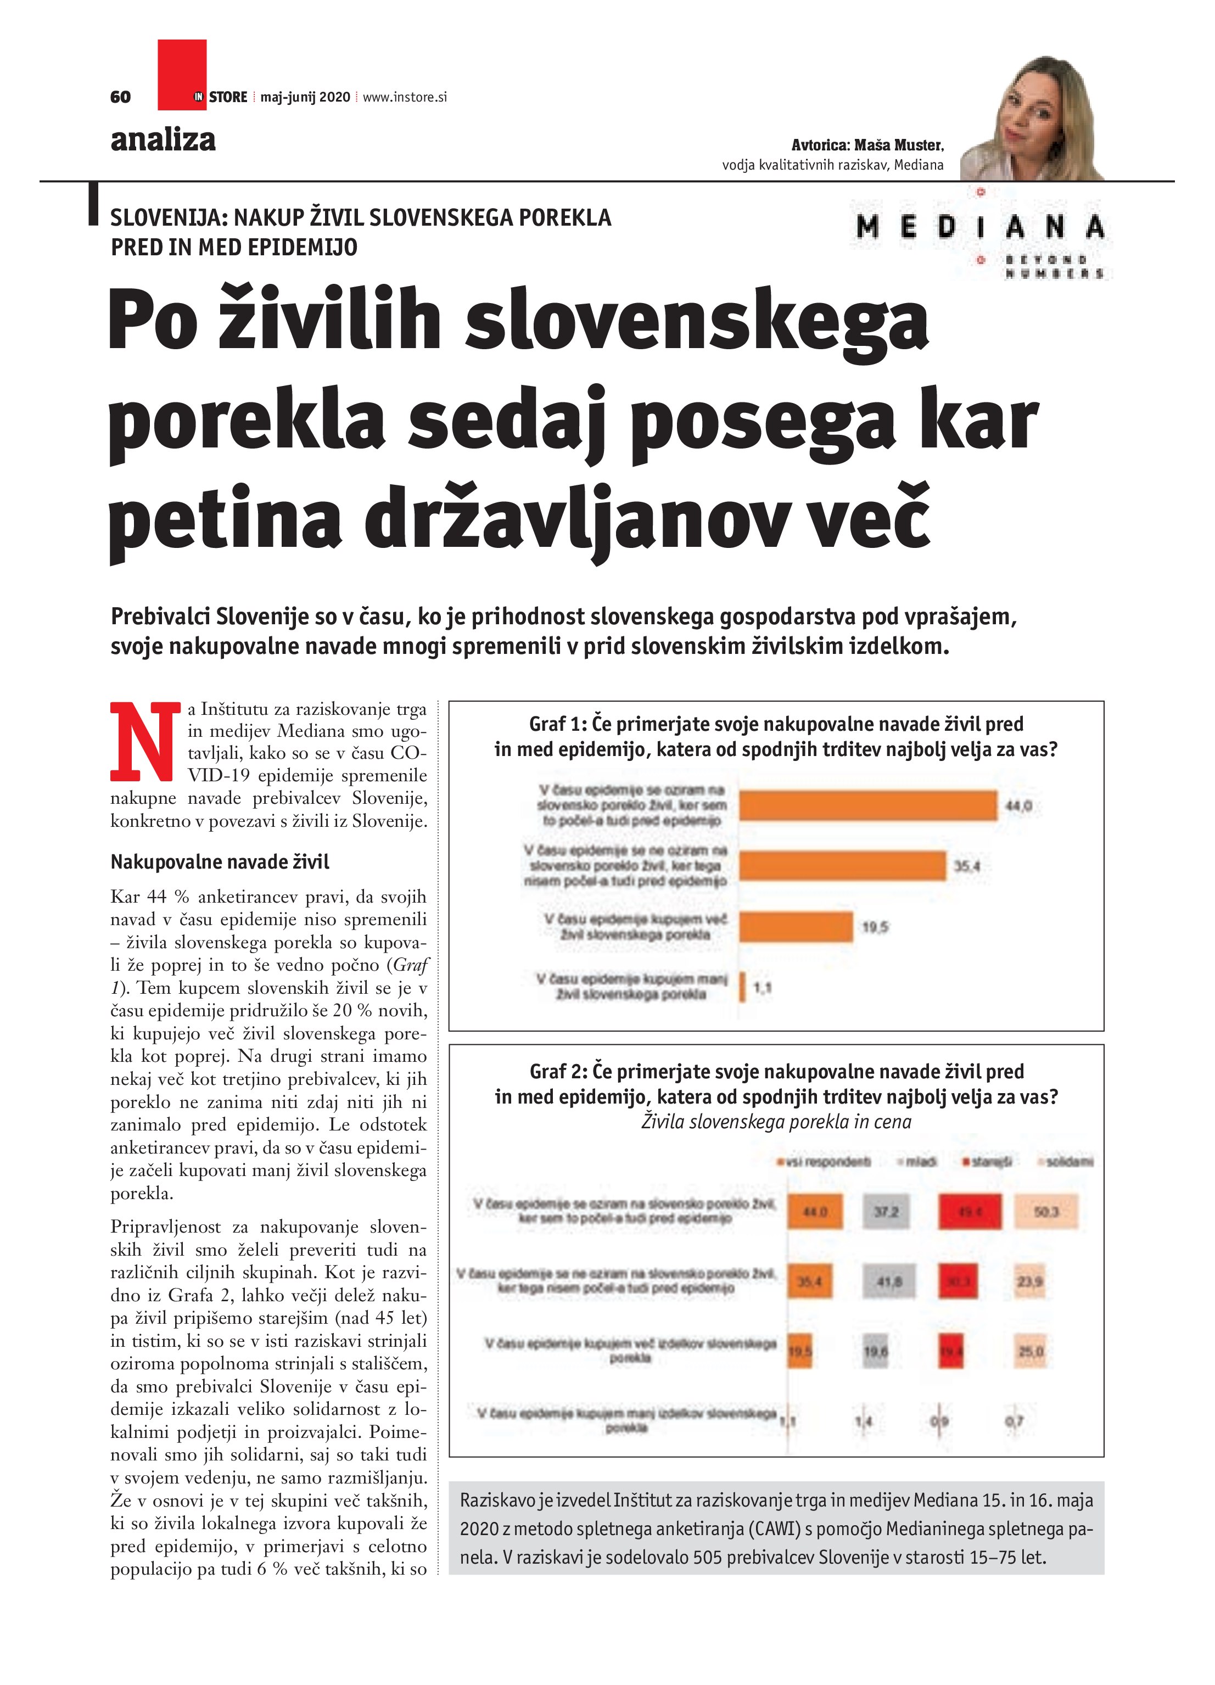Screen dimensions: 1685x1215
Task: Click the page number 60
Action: point(120,97)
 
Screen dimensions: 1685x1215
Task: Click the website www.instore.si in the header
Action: point(405,97)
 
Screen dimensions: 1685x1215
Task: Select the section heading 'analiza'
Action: point(163,139)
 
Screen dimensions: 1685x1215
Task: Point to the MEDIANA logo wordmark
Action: point(979,227)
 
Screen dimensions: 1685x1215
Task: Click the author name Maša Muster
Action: point(898,145)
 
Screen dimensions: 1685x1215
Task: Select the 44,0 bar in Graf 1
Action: point(867,805)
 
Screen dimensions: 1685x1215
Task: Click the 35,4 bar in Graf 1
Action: point(842,865)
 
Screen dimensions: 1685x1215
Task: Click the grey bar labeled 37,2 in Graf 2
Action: point(886,1212)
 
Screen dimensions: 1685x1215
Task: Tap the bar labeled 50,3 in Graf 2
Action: point(1045,1212)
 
